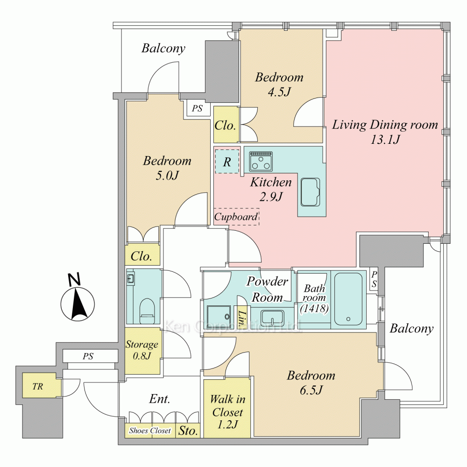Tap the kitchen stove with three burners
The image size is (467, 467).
261,162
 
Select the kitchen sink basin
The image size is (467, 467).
311,192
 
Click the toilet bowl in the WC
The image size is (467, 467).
147,311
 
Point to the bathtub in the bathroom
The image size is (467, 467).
348,299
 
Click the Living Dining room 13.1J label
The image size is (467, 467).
385,132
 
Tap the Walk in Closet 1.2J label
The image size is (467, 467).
227,412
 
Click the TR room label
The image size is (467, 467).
37,387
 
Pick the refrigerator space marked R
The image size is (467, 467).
227,161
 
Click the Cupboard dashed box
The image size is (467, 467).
236,217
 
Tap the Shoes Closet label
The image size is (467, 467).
150,431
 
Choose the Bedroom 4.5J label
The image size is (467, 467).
279,85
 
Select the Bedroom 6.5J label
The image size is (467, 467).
311,382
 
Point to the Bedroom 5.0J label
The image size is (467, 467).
167,168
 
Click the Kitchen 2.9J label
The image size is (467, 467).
271,189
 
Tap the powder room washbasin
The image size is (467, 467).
273,318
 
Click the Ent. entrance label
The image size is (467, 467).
160,399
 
